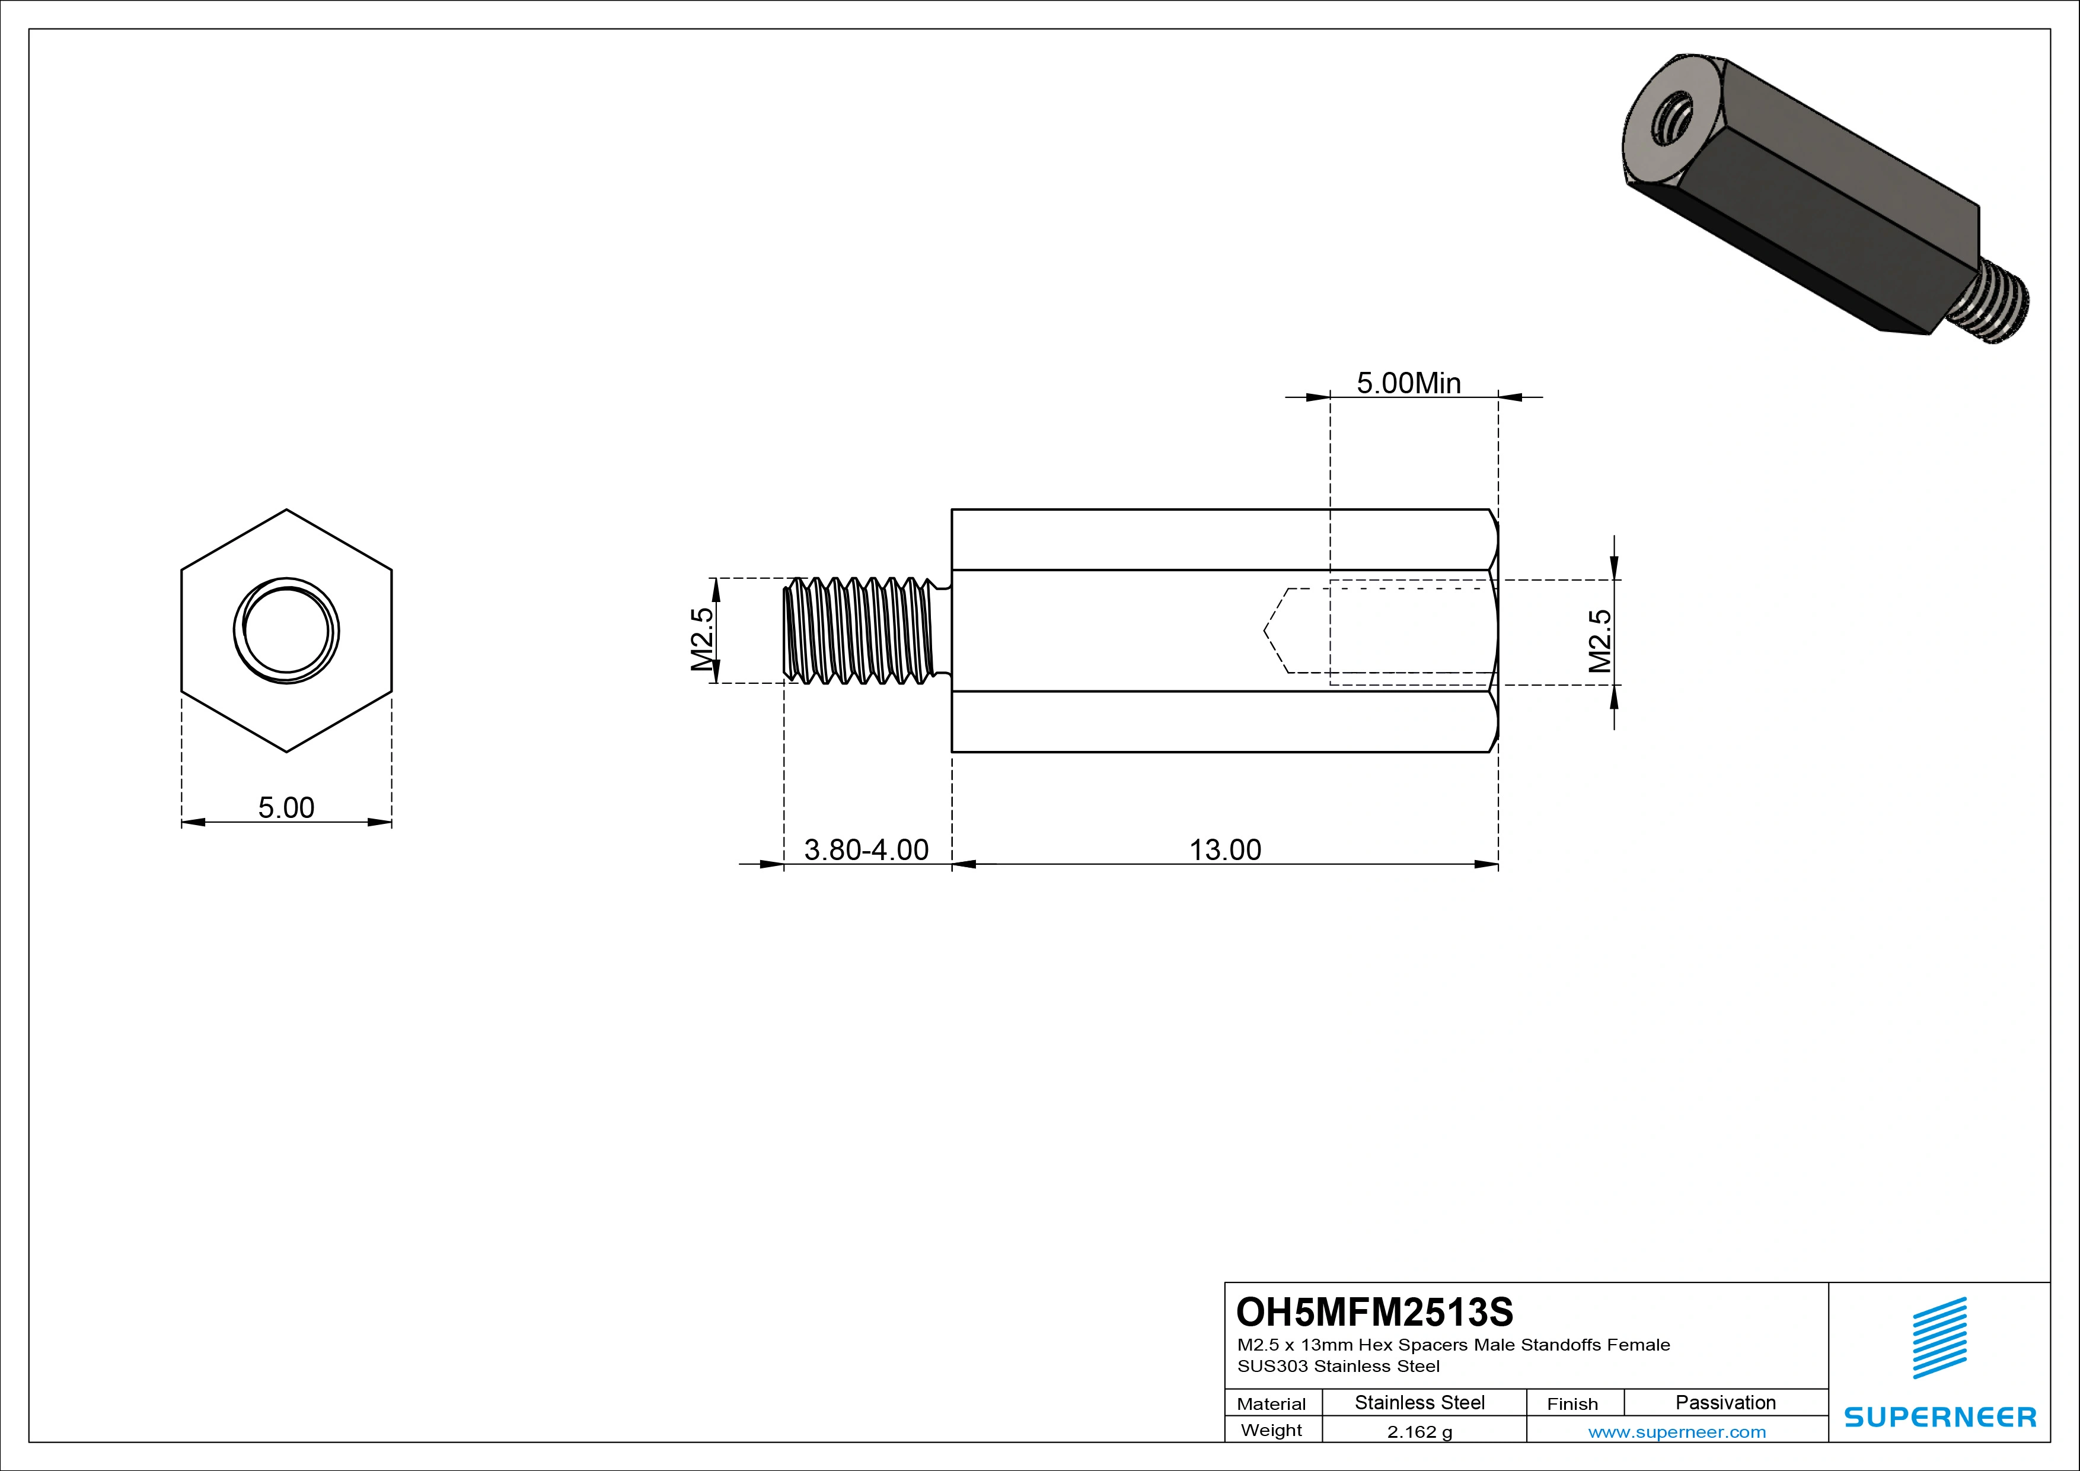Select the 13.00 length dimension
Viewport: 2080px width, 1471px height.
(x=1225, y=850)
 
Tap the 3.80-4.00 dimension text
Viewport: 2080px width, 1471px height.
(x=866, y=850)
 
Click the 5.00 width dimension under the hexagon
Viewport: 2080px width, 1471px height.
(x=286, y=807)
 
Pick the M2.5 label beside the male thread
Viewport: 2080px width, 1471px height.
(x=702, y=639)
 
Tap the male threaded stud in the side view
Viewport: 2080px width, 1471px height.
(x=860, y=630)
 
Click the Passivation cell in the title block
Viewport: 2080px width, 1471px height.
(x=1725, y=1403)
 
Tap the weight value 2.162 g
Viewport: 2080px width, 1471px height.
(x=1419, y=1432)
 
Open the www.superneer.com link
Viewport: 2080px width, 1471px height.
(x=1677, y=1432)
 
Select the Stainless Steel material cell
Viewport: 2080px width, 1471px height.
(x=1419, y=1403)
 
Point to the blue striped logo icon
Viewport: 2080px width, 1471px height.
(x=1939, y=1338)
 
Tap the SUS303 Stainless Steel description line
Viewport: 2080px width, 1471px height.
(x=1338, y=1366)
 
